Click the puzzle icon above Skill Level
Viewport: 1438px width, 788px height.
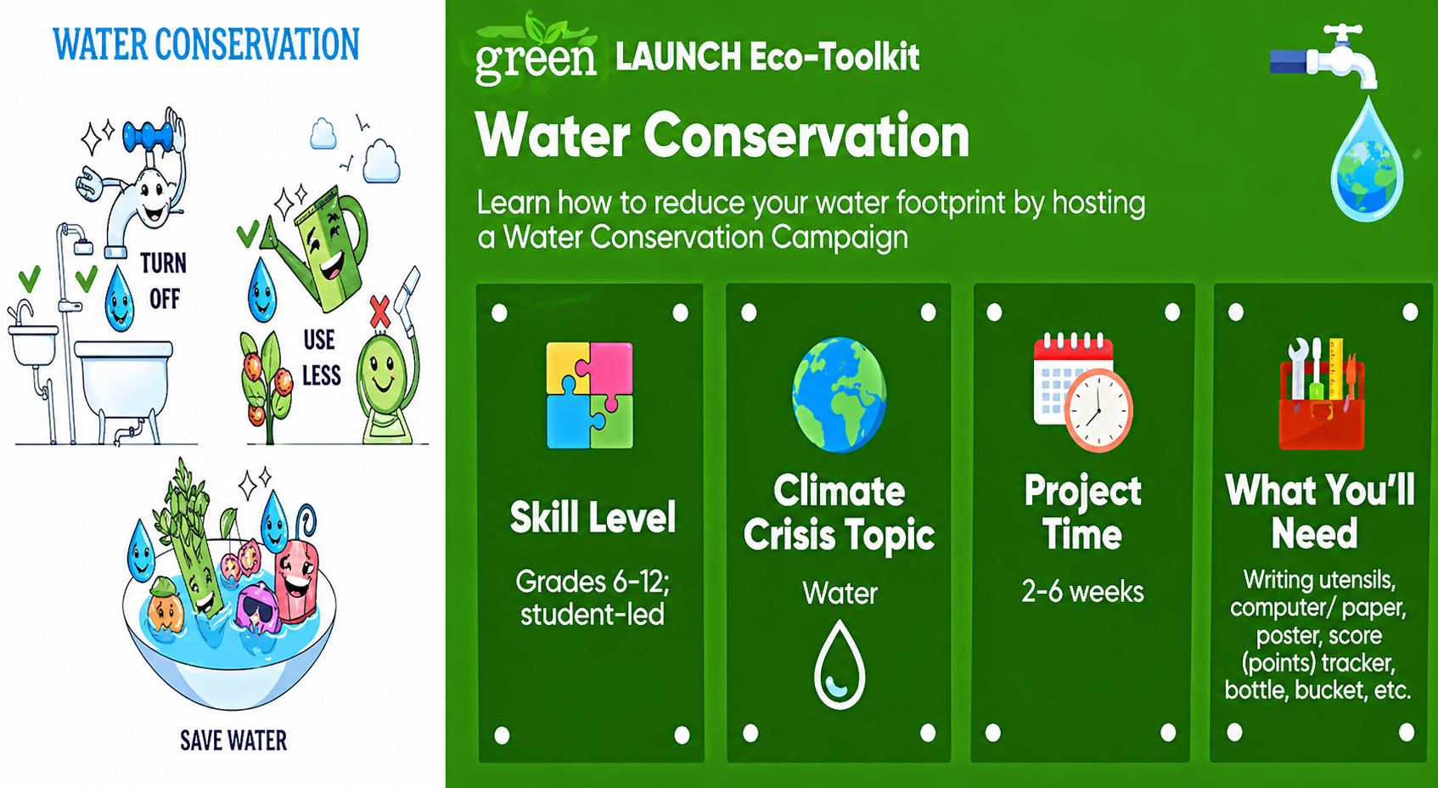click(x=589, y=395)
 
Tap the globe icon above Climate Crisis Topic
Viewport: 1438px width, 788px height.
click(x=839, y=394)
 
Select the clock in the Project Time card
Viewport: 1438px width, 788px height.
click(x=1098, y=410)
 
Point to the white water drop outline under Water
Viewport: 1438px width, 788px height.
click(x=840, y=665)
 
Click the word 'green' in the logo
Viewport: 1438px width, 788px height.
click(x=536, y=61)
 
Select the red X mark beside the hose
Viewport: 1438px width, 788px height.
click(x=380, y=312)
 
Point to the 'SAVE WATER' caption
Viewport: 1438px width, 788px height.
click(x=233, y=740)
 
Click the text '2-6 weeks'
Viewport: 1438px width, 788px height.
click(x=1082, y=592)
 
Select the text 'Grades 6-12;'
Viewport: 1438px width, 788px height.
click(x=592, y=582)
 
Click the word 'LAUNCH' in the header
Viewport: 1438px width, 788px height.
click(x=678, y=57)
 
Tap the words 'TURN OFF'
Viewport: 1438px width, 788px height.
click(x=164, y=281)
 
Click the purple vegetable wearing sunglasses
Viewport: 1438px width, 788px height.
click(x=257, y=607)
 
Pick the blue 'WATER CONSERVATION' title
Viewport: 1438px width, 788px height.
click(x=206, y=44)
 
